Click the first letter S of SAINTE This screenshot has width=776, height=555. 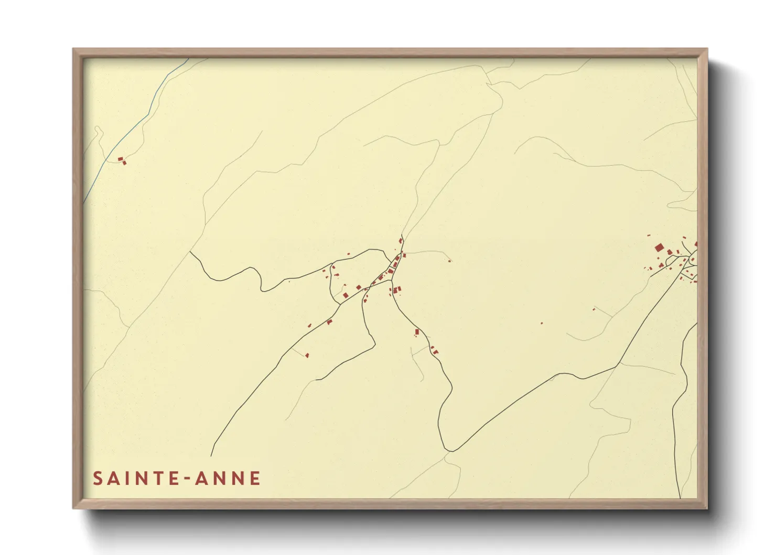point(98,478)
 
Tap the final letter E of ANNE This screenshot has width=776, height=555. point(255,478)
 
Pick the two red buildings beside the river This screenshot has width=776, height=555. point(122,160)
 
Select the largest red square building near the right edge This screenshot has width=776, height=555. point(659,248)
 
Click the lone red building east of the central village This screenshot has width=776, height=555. point(449,261)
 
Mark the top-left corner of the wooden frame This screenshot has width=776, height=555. point(73,49)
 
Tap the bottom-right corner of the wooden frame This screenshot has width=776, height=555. point(707,508)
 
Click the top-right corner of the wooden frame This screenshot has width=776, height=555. point(707,49)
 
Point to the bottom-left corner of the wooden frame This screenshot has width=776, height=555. point(73,508)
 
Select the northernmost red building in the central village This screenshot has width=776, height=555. point(401,240)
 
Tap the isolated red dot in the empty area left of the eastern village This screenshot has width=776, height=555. point(542,323)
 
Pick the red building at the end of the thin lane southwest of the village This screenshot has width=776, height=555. point(307,356)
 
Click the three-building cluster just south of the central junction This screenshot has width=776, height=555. point(396,290)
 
